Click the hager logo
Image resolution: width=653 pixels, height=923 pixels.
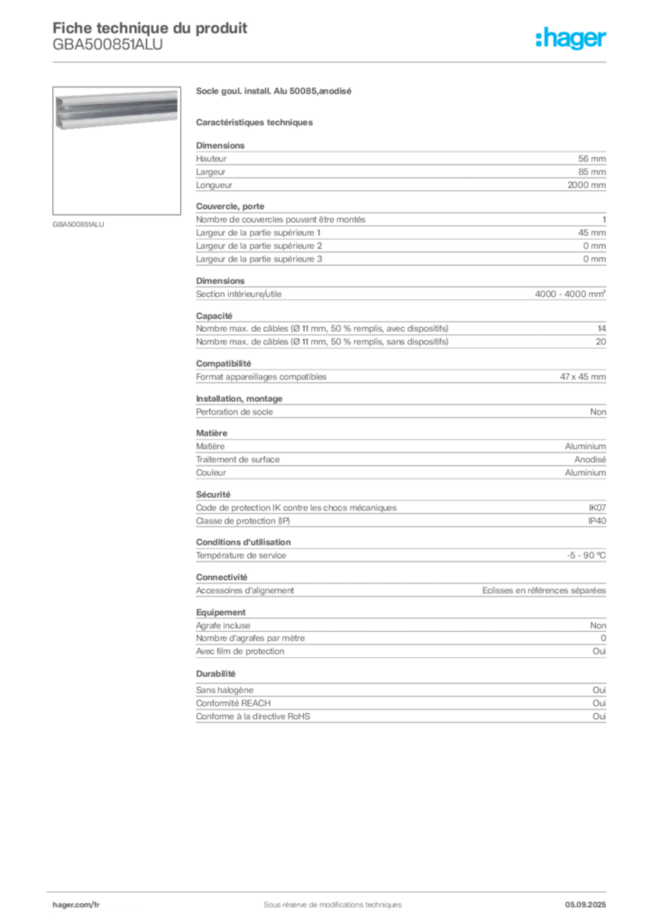pyautogui.click(x=570, y=38)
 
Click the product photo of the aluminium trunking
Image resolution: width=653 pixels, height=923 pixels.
pyautogui.click(x=116, y=109)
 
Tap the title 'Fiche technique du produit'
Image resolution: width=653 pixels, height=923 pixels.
pyautogui.click(x=150, y=28)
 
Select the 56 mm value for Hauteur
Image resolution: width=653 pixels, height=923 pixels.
pyautogui.click(x=592, y=159)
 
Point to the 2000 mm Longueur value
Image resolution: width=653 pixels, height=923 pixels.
pyautogui.click(x=586, y=185)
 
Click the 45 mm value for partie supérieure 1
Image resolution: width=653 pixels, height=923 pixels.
pyautogui.click(x=592, y=233)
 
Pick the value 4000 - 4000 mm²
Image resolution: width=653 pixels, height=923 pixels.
pyautogui.click(x=570, y=294)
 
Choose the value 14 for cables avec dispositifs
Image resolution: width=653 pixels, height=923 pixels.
pyautogui.click(x=602, y=328)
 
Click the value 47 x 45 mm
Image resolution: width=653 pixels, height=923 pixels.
pyautogui.click(x=583, y=377)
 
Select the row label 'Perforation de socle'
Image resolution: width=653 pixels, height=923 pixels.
pyautogui.click(x=235, y=412)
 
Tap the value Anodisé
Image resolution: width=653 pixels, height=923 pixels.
pyautogui.click(x=590, y=459)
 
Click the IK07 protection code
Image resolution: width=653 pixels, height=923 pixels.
pyautogui.click(x=597, y=507)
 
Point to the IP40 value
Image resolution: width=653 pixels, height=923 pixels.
pyautogui.click(x=597, y=521)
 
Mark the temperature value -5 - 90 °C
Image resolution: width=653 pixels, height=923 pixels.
pyautogui.click(x=586, y=555)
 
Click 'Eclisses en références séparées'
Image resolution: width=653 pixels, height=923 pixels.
pyautogui.click(x=544, y=590)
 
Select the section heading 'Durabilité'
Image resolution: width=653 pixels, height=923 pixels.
pyautogui.click(x=216, y=673)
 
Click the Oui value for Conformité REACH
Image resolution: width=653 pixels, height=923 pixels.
pyautogui.click(x=599, y=703)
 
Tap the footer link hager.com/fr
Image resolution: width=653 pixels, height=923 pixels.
pyautogui.click(x=76, y=905)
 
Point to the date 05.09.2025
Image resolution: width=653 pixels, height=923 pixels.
pyautogui.click(x=585, y=905)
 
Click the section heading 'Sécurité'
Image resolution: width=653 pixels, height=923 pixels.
pyautogui.click(x=213, y=495)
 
